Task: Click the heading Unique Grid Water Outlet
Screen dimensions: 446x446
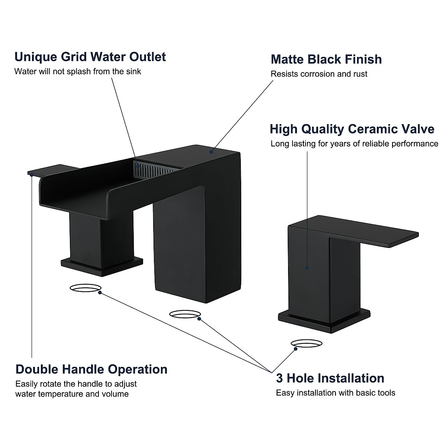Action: [90, 57]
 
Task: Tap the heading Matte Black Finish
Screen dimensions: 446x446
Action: [326, 59]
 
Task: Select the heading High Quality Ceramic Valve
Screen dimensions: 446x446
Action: [352, 129]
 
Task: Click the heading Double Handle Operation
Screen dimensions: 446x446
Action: [91, 369]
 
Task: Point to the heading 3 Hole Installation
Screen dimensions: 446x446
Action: [330, 378]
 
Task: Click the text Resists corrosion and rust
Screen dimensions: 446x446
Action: [319, 74]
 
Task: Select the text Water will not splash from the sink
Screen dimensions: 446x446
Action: [78, 71]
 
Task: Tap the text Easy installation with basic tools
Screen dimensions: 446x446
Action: [335, 393]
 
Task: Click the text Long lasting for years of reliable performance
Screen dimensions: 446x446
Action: [354, 144]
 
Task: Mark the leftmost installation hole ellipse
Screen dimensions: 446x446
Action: [85, 288]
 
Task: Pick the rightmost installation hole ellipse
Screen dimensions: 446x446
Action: [307, 343]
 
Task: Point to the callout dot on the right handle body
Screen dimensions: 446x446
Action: [307, 267]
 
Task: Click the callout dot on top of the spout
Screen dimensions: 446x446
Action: [211, 152]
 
